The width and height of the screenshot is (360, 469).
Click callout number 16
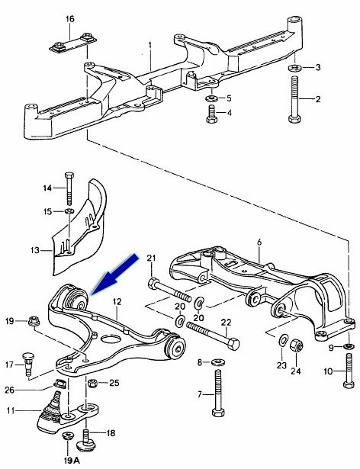click(69, 19)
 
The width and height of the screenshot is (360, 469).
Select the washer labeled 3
click(295, 68)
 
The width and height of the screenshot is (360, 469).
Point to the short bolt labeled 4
click(212, 114)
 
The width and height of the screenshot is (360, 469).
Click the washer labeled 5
click(212, 98)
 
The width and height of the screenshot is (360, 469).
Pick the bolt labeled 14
click(69, 188)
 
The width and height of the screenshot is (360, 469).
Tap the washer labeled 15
click(69, 211)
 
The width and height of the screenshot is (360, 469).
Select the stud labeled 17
click(27, 364)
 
